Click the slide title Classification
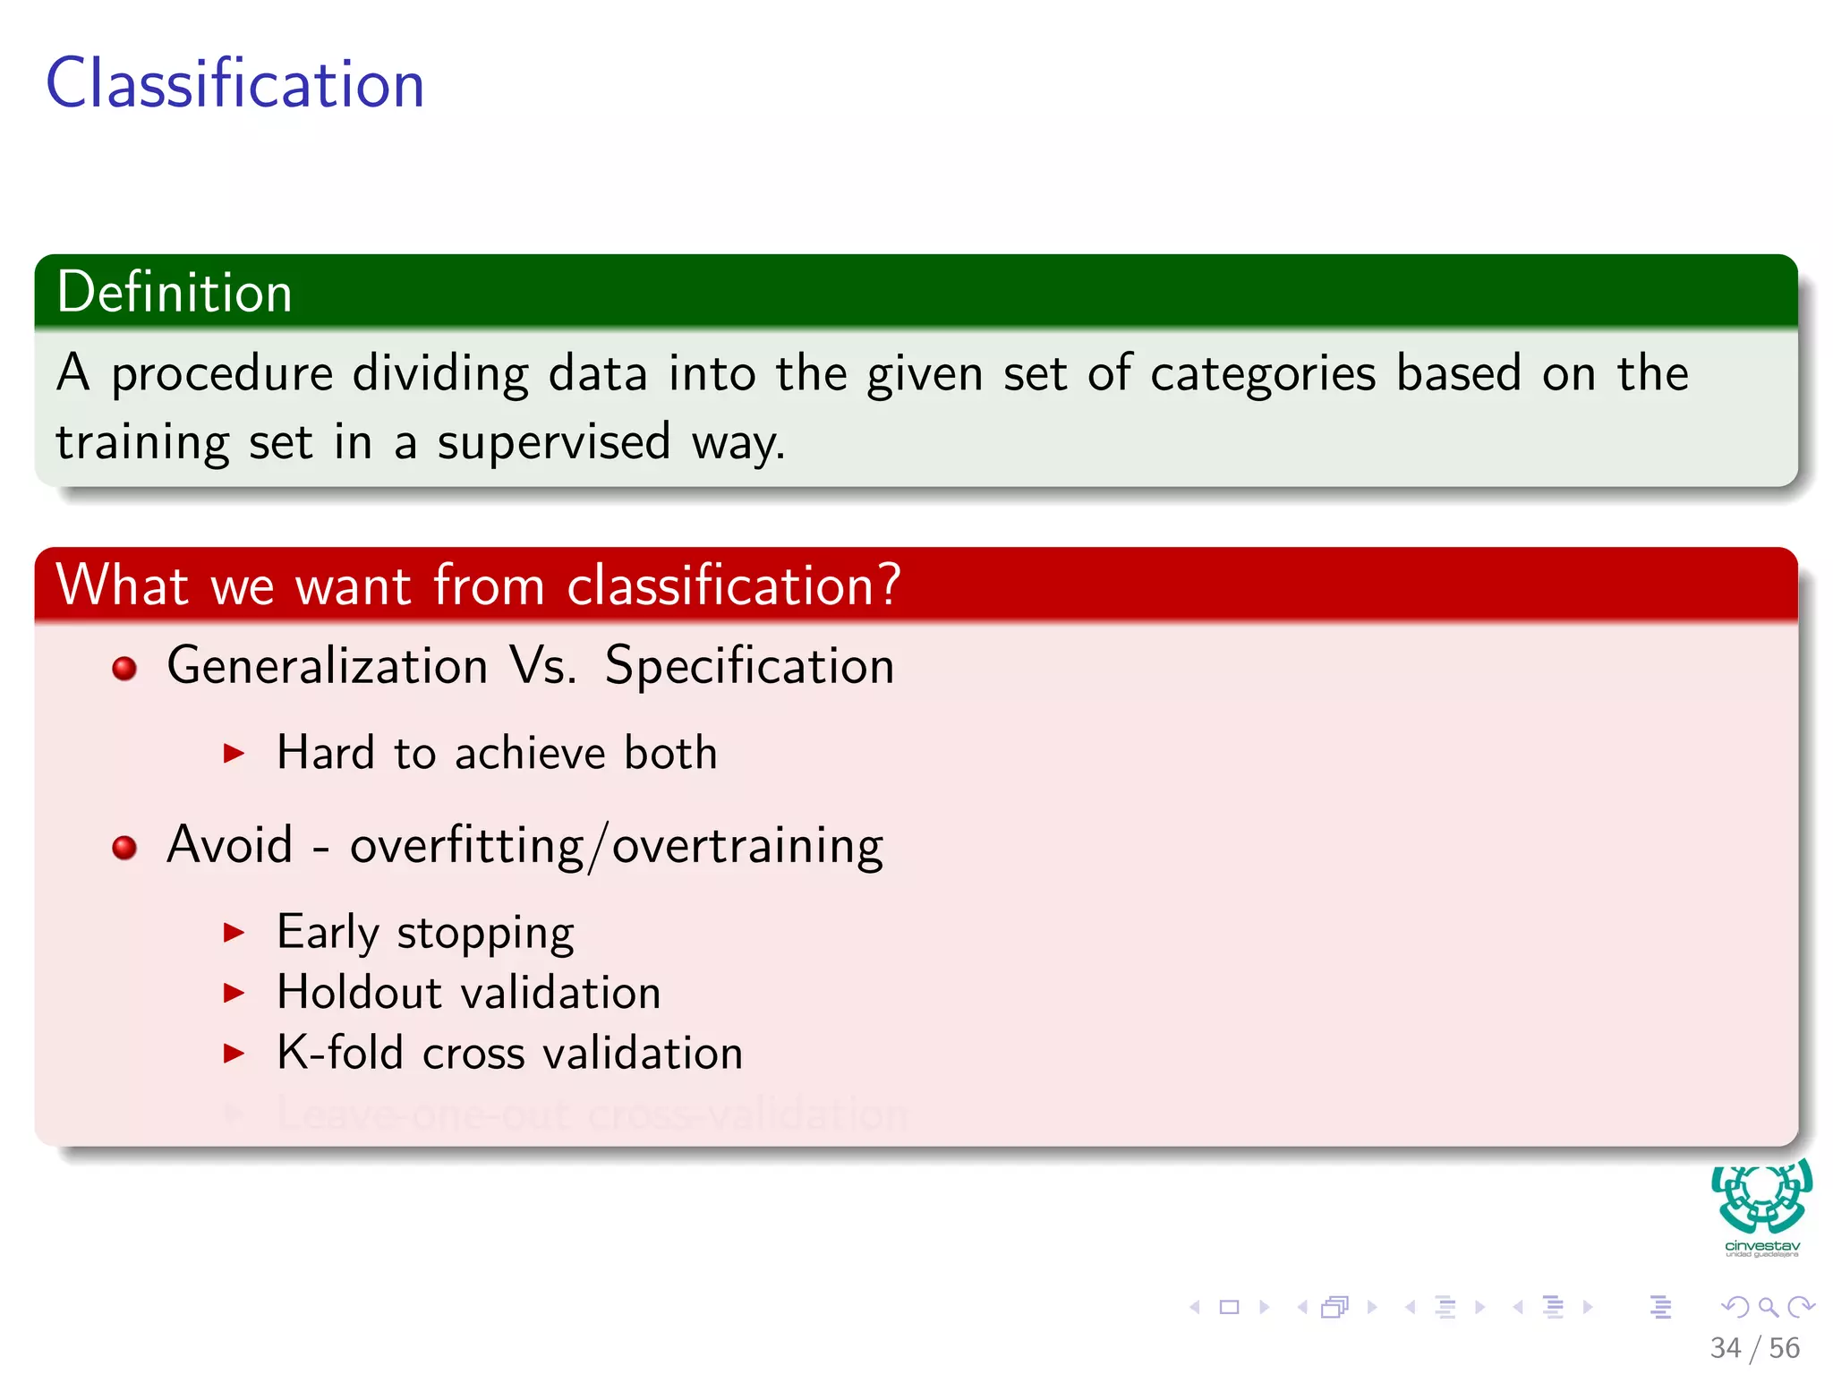coord(234,83)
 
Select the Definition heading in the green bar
coord(175,292)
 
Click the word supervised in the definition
coord(553,441)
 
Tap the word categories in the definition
coord(1262,373)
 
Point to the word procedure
coord(222,373)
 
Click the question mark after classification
coord(889,585)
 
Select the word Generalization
coord(328,665)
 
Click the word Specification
coord(749,665)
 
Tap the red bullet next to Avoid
coord(124,847)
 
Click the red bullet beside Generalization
coord(124,668)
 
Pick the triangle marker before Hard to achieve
coord(234,753)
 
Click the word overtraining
coord(747,845)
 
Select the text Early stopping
coord(425,933)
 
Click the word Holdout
coord(359,992)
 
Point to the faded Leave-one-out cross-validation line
coord(592,1115)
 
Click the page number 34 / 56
coord(1754,1348)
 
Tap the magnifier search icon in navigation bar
coord(1768,1307)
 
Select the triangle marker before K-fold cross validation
coord(234,1053)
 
